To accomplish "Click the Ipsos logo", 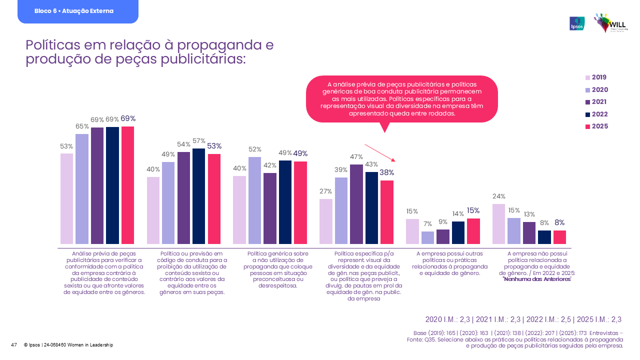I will tap(576, 23).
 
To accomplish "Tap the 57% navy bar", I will tap(198, 196).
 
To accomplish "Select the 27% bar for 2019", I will tap(326, 221).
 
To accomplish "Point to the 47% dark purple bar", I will tap(356, 204).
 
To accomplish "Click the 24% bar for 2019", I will tap(499, 224).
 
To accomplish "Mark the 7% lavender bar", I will tap(428, 237).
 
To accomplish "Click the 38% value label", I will tap(386, 172).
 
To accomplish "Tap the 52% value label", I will tap(255, 149).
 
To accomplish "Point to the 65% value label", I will tap(82, 126).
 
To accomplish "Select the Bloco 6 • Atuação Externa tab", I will tap(77, 11).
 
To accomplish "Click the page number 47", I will tap(14, 345).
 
